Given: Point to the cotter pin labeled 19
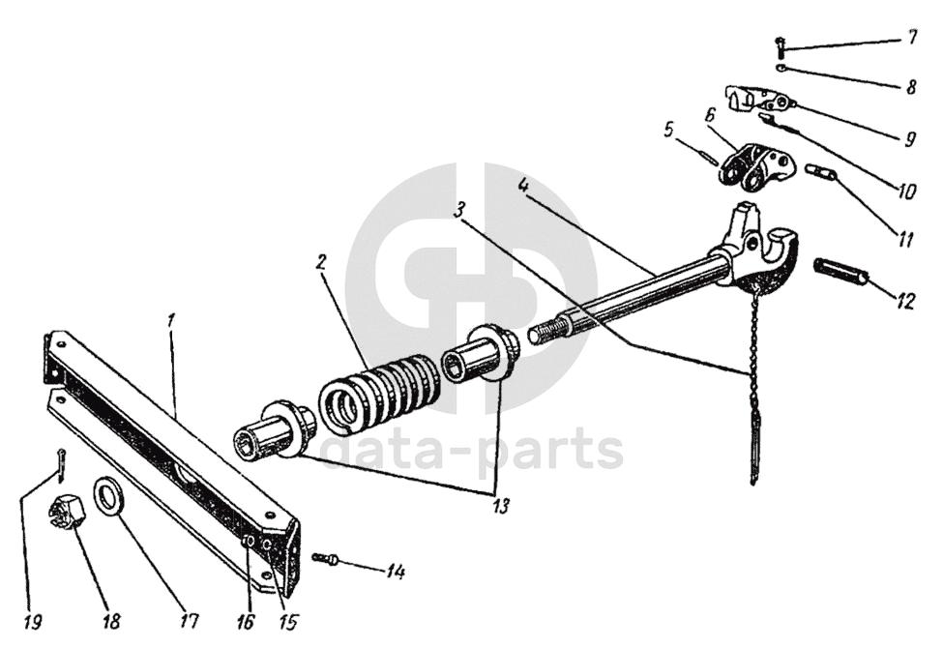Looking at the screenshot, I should coord(61,464).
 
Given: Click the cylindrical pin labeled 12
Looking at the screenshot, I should coord(840,272).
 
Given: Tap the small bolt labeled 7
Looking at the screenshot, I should coord(780,44).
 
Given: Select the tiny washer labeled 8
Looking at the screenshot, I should coord(781,68).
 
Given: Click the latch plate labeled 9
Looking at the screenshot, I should coord(764,100).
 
